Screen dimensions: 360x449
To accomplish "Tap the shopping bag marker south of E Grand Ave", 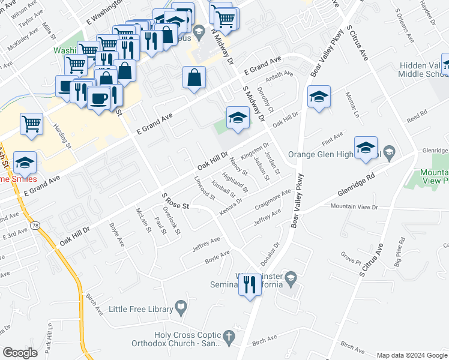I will click(194, 77).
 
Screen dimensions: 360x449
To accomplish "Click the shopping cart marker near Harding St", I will click(31, 124).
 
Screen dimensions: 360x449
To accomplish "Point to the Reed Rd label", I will click(416, 113).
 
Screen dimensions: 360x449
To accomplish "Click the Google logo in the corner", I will click(20, 353).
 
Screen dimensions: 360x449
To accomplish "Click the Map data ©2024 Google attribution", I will click(411, 355).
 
